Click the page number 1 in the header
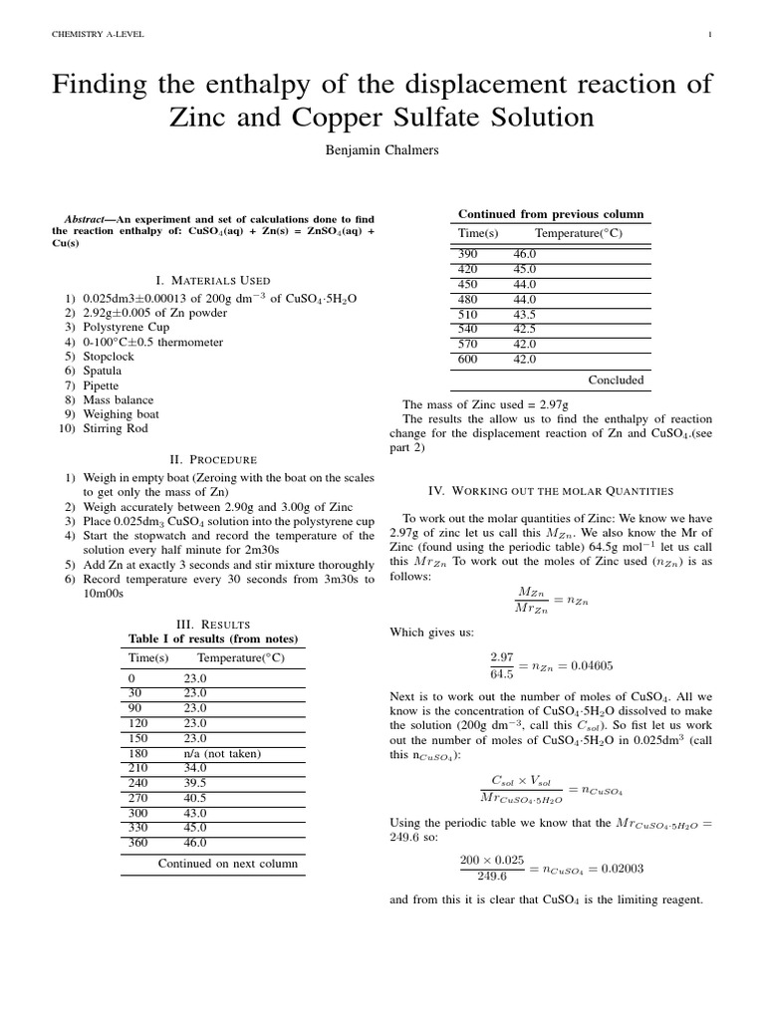708,35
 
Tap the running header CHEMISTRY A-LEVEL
97,35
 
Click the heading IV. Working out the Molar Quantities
550,491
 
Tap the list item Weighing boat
121,413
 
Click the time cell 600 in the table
467,360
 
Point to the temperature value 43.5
525,314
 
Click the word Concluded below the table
616,380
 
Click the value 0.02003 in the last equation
622,869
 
